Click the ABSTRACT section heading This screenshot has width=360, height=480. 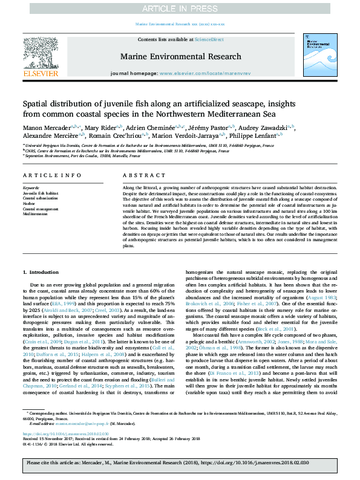(139, 175)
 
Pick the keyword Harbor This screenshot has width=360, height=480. (29, 204)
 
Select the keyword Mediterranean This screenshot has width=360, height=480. (35, 214)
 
